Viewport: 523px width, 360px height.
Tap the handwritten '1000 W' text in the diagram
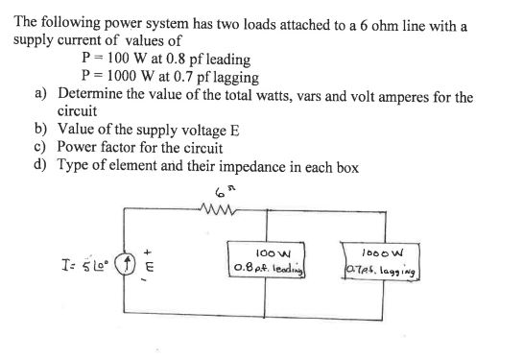pos(393,249)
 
